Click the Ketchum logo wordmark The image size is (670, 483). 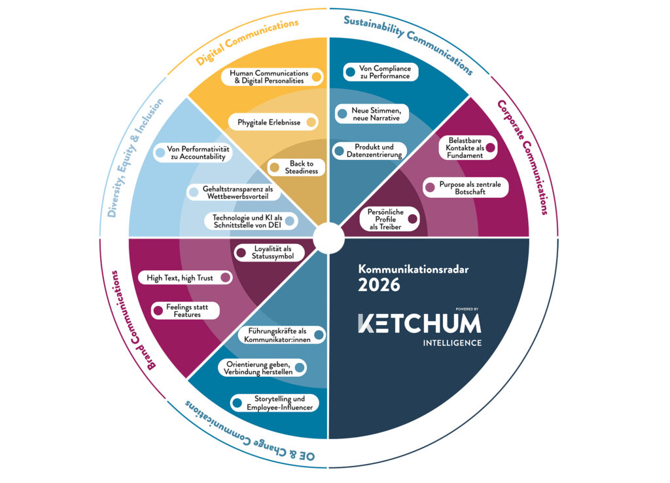(419, 323)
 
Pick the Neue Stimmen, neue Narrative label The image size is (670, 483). (370, 113)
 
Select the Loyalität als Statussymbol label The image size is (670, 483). (268, 252)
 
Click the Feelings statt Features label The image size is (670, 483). (185, 310)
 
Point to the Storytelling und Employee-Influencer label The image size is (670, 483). (275, 403)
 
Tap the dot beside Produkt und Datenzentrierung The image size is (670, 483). (339, 151)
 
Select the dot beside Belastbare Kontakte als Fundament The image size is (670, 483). (491, 148)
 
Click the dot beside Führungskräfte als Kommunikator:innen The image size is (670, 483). (319, 335)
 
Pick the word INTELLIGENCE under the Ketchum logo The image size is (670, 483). (452, 343)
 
